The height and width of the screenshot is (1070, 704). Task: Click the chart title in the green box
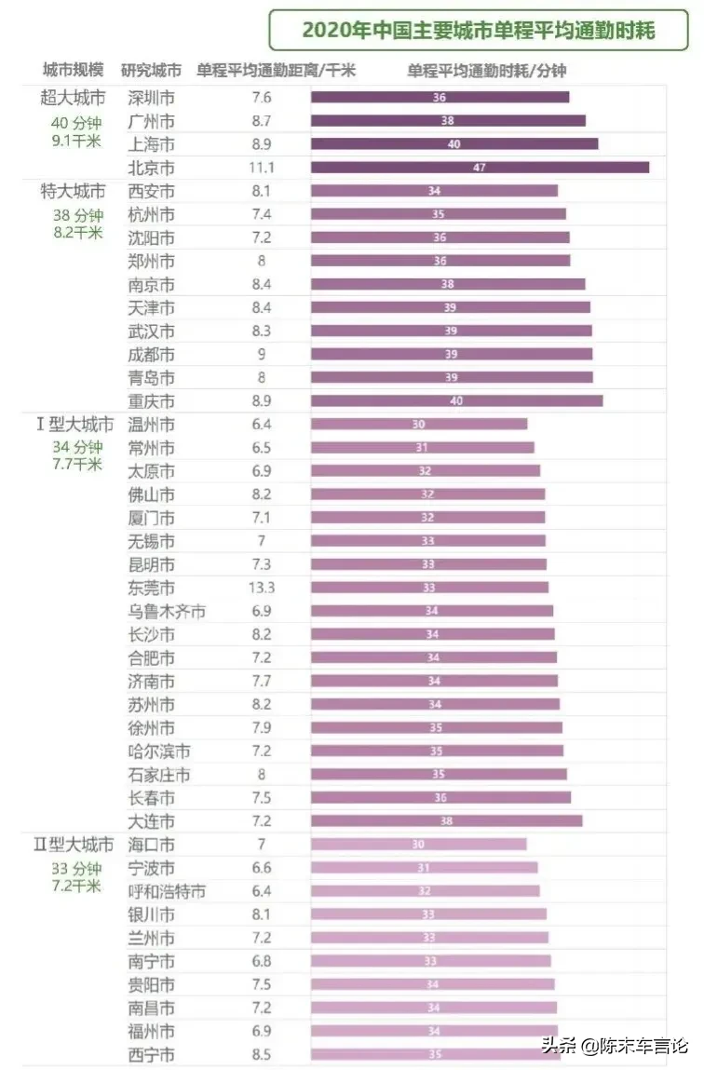coord(479,31)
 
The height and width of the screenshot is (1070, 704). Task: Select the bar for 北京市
coord(480,168)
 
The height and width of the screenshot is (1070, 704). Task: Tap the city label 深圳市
coord(151,98)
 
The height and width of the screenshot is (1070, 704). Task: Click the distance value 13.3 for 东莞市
coord(262,588)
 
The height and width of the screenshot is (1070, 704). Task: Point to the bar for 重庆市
coord(456,401)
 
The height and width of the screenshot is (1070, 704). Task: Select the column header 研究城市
coord(151,70)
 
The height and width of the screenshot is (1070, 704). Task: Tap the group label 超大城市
coord(72,98)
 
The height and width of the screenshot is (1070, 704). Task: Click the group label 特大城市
coord(72,191)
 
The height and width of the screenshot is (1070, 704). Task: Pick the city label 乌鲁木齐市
coord(167,612)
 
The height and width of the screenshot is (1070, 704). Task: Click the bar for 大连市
coord(446,821)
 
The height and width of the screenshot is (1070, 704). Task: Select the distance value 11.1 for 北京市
coord(262,168)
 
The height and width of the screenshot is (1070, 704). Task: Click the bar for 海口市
coord(418,845)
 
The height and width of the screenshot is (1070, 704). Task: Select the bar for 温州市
coord(418,425)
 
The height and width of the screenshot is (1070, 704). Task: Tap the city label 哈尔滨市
coord(159,752)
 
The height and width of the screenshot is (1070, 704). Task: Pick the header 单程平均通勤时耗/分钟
coord(486,70)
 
